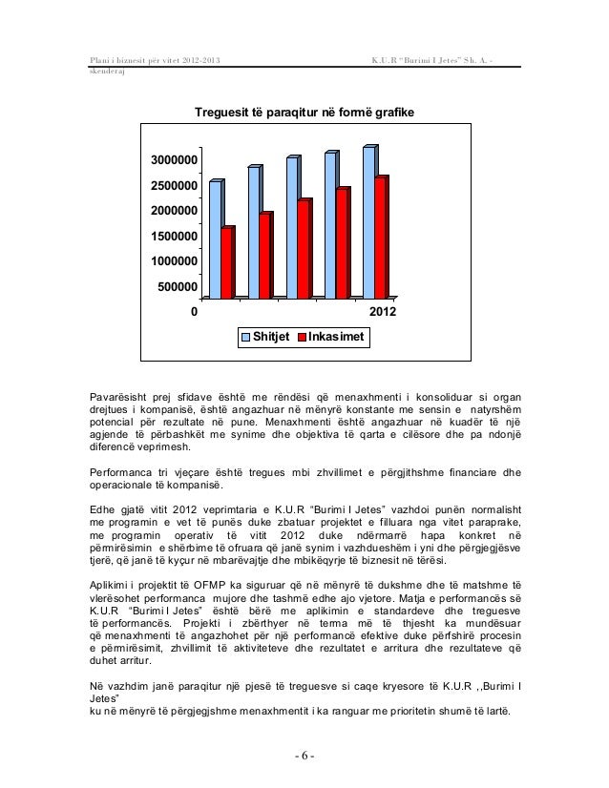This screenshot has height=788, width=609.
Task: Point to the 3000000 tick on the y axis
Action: click(172, 160)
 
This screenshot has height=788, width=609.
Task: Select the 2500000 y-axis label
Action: click(172, 185)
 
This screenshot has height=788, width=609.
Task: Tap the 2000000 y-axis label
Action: click(172, 211)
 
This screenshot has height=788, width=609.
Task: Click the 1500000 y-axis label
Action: click(172, 236)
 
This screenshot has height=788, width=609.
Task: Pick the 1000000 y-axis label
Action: click(172, 261)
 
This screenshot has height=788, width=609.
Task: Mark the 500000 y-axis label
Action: click(176, 286)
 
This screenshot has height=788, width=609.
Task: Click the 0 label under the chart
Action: click(195, 312)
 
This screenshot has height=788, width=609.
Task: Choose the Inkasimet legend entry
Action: click(331, 338)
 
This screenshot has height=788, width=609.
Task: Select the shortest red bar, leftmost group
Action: click(226, 263)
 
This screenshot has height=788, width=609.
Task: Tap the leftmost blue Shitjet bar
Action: click(215, 238)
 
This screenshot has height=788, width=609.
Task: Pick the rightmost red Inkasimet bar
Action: click(380, 237)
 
